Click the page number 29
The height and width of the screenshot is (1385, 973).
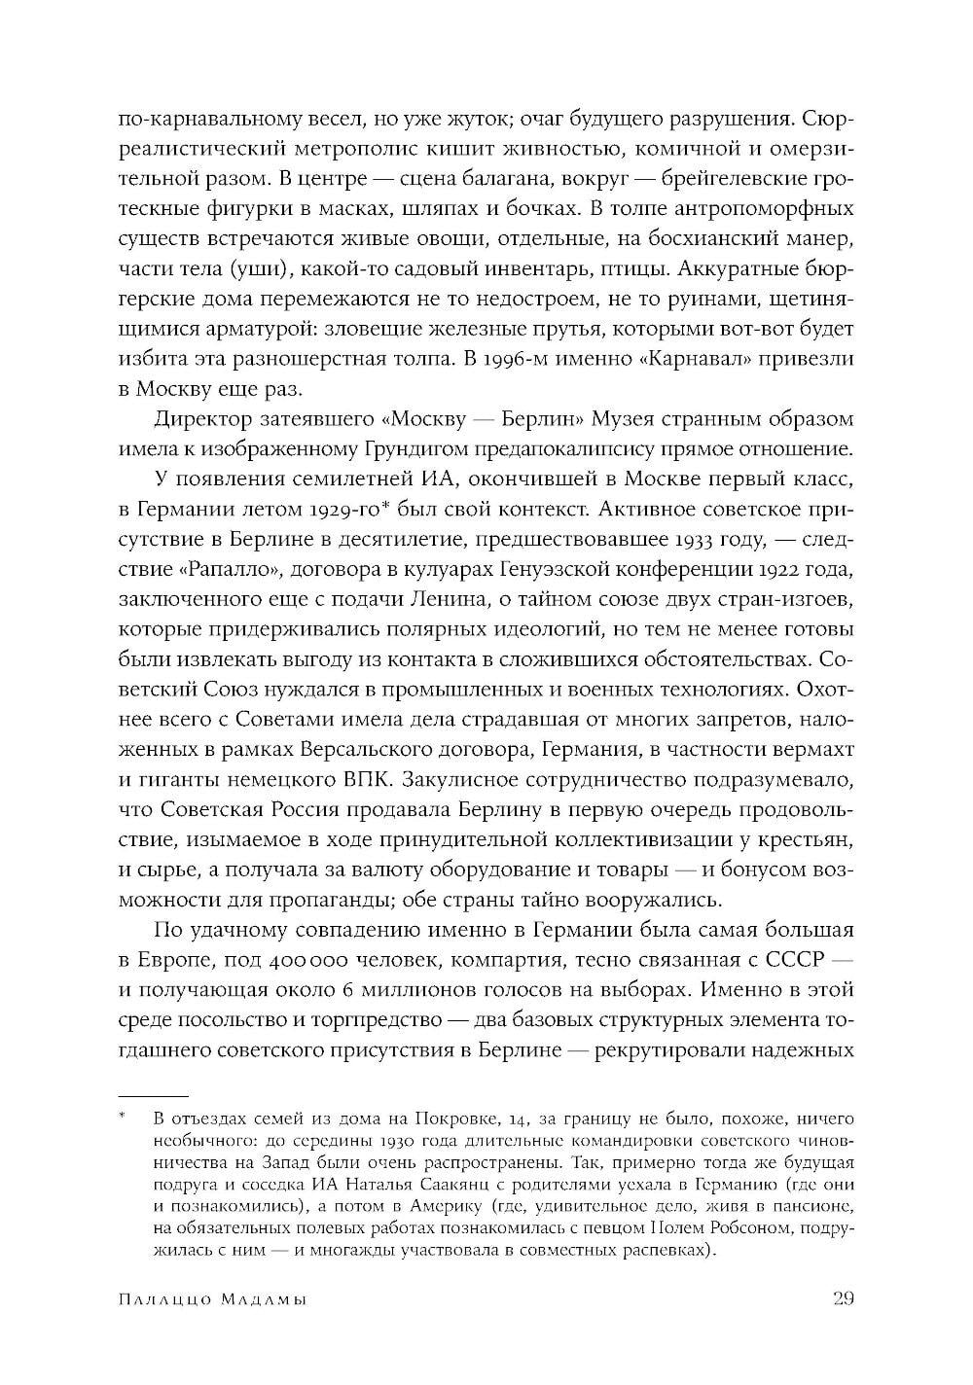(x=843, y=1299)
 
